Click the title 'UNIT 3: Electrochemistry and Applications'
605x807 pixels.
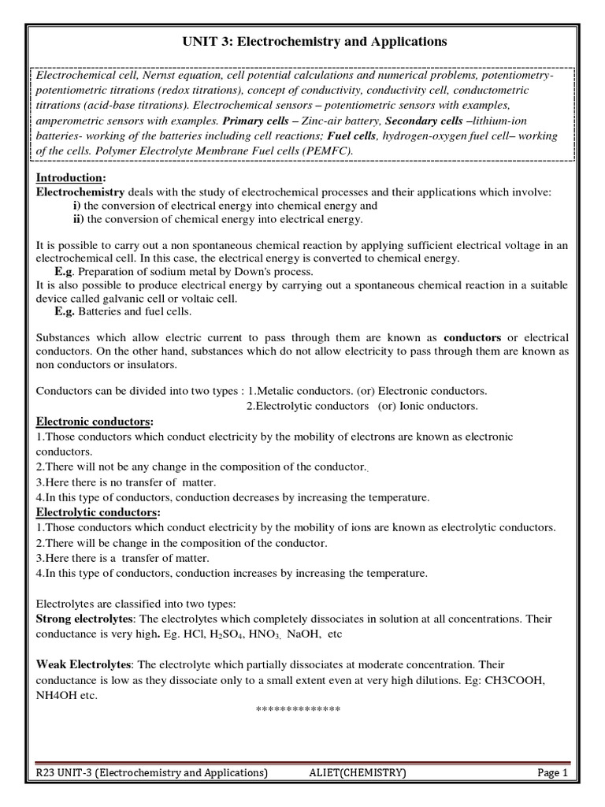(302, 40)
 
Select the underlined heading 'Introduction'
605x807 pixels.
(69, 177)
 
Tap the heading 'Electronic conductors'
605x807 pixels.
(94, 422)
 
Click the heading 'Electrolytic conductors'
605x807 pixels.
(96, 512)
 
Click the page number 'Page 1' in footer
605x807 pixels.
(552, 774)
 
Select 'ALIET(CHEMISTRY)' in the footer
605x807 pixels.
(358, 774)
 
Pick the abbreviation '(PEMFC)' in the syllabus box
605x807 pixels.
(327, 151)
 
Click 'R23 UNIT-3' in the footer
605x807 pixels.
(68, 774)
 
